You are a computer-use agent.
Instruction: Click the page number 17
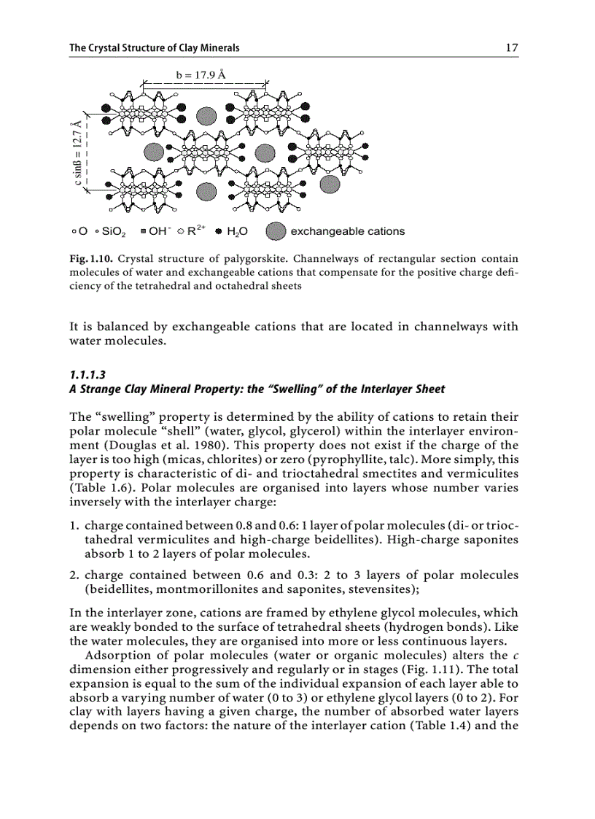[x=511, y=48]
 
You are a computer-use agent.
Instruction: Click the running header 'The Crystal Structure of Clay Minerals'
[x=155, y=48]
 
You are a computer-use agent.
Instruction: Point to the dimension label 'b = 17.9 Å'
[x=201, y=74]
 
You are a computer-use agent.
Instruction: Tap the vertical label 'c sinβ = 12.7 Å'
[x=76, y=154]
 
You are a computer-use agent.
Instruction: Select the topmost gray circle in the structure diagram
[x=206, y=114]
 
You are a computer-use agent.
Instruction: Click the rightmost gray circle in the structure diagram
[x=330, y=184]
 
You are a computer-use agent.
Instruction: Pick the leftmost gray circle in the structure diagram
[x=152, y=151]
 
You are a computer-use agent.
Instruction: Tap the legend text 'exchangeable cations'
[x=347, y=231]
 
